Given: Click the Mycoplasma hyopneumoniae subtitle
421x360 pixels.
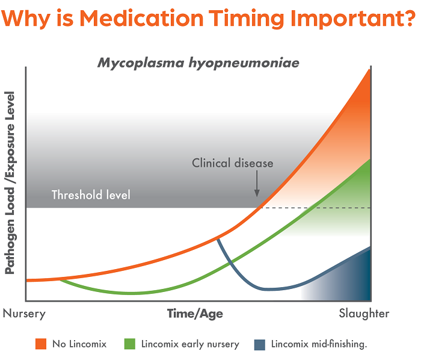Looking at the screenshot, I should point(198,63).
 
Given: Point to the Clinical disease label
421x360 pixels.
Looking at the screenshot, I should point(233,163).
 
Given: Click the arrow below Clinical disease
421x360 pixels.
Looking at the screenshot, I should point(257,183).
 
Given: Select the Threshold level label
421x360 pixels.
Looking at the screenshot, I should point(91,195).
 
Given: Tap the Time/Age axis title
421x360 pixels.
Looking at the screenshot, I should point(195,314).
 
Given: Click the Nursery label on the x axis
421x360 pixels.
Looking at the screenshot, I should point(24,314).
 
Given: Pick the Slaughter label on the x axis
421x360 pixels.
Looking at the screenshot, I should point(364,314).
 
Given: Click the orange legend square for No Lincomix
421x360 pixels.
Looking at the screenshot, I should point(41,344).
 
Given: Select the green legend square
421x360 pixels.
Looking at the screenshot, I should point(129,344).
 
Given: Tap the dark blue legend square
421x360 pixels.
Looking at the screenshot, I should point(260,344).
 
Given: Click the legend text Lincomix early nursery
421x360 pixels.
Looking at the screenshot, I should point(190,344).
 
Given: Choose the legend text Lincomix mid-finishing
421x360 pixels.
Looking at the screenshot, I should point(319,344).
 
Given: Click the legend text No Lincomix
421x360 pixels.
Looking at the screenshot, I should point(79,344).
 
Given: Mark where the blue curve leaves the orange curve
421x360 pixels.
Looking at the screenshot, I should point(217,238).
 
